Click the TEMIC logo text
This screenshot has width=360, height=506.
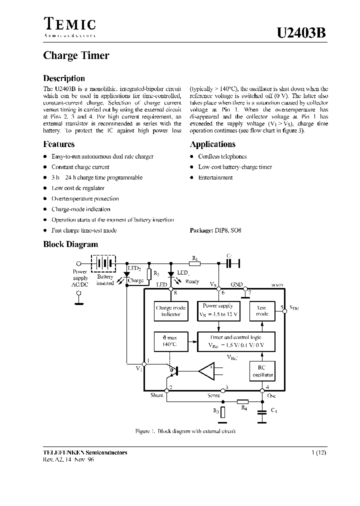click(69, 24)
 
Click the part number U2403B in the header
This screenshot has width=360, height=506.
click(301, 33)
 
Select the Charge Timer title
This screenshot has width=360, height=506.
click(76, 55)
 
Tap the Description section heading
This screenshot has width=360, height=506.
click(64, 78)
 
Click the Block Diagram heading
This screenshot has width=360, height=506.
click(70, 244)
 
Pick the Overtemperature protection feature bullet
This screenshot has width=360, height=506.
click(85, 198)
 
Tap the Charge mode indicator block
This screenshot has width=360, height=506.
click(170, 311)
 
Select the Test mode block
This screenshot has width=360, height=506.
click(262, 310)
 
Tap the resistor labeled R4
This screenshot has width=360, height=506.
click(242, 401)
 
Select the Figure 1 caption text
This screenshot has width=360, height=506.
click(185, 431)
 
